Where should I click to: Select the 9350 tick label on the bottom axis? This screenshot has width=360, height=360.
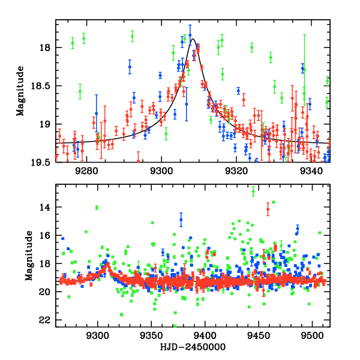151,337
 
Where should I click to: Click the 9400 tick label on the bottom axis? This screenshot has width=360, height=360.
205,337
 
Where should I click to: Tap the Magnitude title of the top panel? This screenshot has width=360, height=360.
20,91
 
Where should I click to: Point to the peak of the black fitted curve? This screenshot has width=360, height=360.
193,40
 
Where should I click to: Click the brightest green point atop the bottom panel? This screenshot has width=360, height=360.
253,191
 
